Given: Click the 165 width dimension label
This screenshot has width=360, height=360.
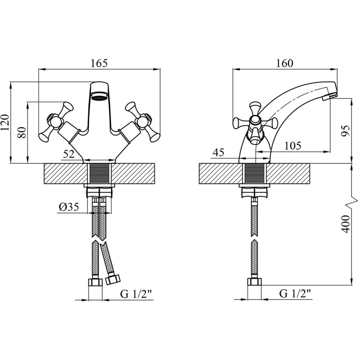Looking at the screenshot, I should click(99, 63).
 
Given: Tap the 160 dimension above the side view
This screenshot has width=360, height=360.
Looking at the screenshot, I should click(284, 63).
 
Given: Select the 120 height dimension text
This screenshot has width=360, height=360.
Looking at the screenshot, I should click(5, 122).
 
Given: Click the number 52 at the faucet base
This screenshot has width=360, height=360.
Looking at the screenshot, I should click(69, 154).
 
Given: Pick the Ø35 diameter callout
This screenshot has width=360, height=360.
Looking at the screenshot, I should click(68, 207).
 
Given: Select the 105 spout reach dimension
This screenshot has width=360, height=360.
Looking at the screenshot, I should click(292, 145).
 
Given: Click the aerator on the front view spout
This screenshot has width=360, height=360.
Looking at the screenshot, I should click(99, 95).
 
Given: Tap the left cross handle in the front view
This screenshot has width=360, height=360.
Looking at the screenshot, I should click(55, 120).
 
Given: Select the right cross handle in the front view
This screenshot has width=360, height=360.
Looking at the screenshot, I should click(142, 120).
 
